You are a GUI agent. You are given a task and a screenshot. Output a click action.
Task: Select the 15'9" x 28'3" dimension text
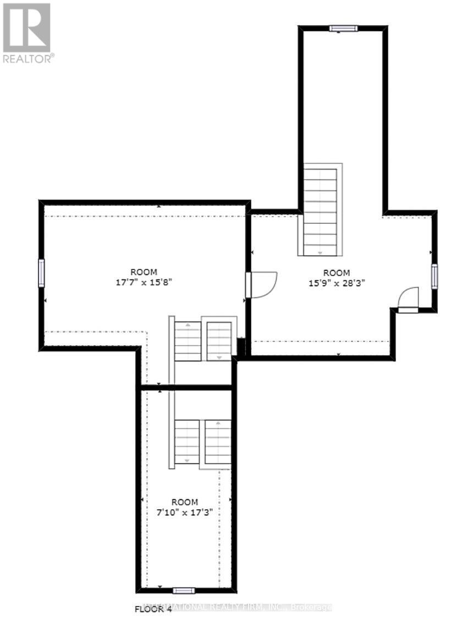(336, 283)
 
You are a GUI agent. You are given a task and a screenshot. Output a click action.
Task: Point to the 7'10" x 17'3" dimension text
(184, 511)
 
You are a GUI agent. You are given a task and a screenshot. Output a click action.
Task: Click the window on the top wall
(343, 29)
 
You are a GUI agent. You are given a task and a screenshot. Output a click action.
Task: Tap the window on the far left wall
(41, 273)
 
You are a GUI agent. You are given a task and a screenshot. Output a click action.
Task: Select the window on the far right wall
(434, 276)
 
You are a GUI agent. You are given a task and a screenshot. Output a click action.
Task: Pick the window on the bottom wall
(184, 591)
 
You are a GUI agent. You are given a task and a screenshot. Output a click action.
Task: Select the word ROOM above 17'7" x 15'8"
(144, 272)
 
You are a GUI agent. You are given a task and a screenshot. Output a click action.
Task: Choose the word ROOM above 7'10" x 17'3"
(184, 502)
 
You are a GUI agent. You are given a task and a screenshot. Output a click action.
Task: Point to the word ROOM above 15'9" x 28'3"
(336, 273)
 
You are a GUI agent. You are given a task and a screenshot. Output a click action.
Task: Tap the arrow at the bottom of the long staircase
(320, 251)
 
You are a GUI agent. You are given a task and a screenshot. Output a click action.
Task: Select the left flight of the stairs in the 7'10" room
(187, 441)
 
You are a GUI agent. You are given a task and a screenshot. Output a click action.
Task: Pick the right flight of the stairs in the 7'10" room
(218, 441)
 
